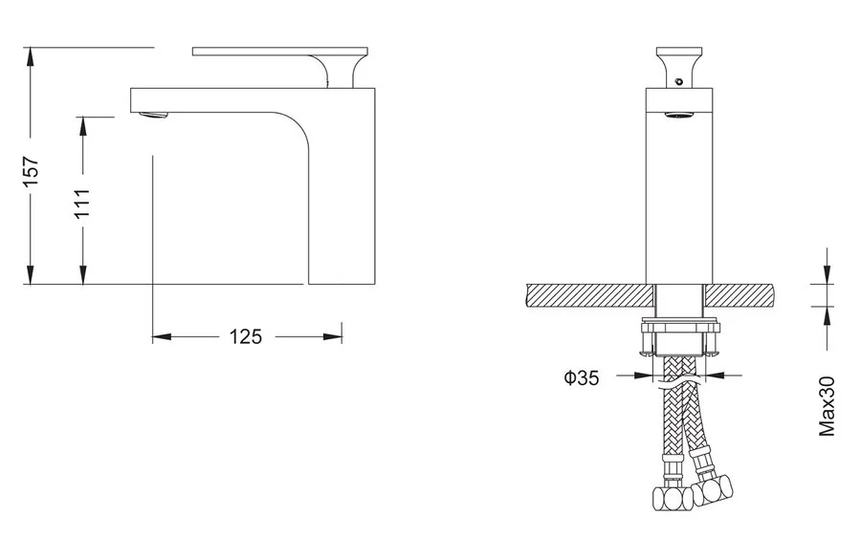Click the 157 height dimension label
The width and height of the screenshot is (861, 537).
coord(32,171)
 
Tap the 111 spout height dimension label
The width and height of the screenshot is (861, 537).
coord(82,203)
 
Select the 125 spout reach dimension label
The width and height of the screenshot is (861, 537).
coord(246,336)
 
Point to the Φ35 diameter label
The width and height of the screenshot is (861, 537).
coord(581,377)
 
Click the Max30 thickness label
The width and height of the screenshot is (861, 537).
coord(827,406)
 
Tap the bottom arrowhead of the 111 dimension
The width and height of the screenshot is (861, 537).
coord(82,274)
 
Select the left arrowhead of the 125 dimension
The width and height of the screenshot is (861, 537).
coord(162,336)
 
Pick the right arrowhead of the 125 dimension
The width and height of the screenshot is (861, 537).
coord(332,336)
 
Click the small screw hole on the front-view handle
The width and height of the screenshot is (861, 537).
coord(678,82)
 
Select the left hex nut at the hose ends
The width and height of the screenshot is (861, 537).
coord(673,498)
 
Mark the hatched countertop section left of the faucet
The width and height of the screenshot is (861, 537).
coord(590,295)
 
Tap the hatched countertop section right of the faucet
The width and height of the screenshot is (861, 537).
coord(740,295)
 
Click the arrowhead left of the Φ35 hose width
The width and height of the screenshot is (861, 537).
coord(644,376)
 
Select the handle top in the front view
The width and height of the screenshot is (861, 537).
coord(679,52)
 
